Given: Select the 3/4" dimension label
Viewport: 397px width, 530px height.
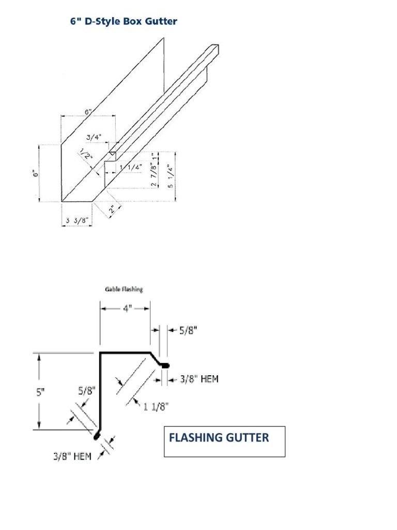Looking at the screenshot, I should (94, 138).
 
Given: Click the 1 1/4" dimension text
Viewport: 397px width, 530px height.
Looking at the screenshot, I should (131, 167).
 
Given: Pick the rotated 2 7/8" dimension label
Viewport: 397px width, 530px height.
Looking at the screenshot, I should (154, 176).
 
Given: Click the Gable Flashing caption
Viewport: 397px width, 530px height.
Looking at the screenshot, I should (124, 290).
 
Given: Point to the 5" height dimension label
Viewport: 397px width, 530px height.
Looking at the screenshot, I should (40, 392).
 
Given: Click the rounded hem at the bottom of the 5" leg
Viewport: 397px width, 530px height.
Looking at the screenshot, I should (97, 436).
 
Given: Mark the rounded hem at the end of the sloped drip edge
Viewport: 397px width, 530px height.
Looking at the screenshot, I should (165, 365).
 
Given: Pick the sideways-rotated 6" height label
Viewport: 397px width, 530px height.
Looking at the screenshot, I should (36, 174).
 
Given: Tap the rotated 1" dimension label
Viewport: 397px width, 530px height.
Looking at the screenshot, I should (154, 156).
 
